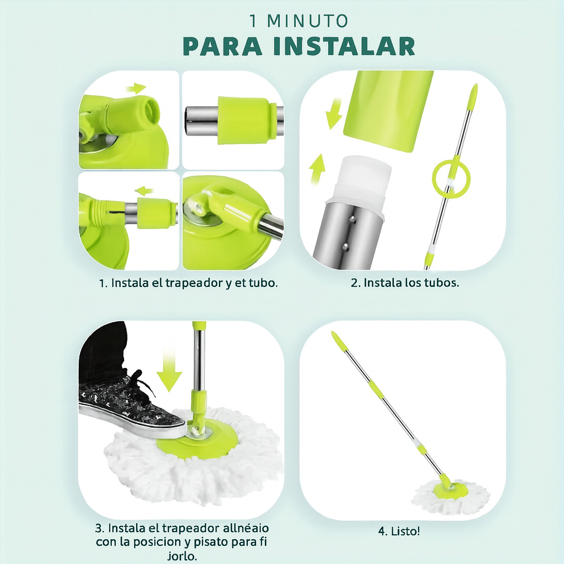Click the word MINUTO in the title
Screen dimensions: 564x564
coord(307,21)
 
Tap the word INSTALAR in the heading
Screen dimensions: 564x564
coord(344,46)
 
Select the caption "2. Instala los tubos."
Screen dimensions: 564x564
coord(405,283)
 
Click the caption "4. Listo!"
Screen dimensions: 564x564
coord(399,531)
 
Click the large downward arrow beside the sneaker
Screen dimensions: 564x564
coord(169,371)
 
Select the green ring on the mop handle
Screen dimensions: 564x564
coord(451,178)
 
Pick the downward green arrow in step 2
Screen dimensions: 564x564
coord(333,113)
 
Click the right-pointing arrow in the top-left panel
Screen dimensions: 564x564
coord(137,88)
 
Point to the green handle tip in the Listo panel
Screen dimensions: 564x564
coord(339,341)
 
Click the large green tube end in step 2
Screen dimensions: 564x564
coord(388,111)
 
